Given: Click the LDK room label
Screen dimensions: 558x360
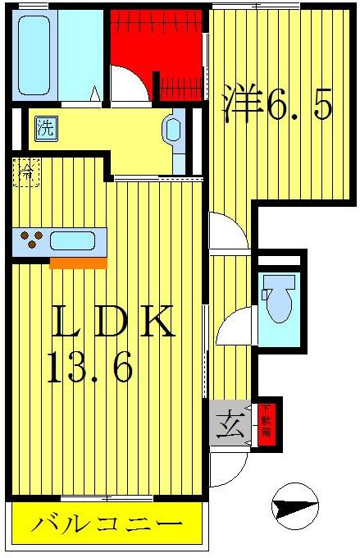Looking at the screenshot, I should tap(114, 322).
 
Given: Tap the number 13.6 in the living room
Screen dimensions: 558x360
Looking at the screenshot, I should tap(90, 368).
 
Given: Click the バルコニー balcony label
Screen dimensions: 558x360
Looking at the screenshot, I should tap(107, 524).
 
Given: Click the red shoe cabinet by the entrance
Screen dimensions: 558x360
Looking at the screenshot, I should tap(266, 426).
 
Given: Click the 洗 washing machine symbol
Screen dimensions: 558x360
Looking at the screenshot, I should tap(44, 126).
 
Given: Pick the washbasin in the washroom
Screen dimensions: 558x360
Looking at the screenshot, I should tap(173, 128).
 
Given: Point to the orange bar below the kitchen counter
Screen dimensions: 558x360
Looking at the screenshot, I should tap(79, 263).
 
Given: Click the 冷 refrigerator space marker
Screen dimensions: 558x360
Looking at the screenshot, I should tap(27, 173).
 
